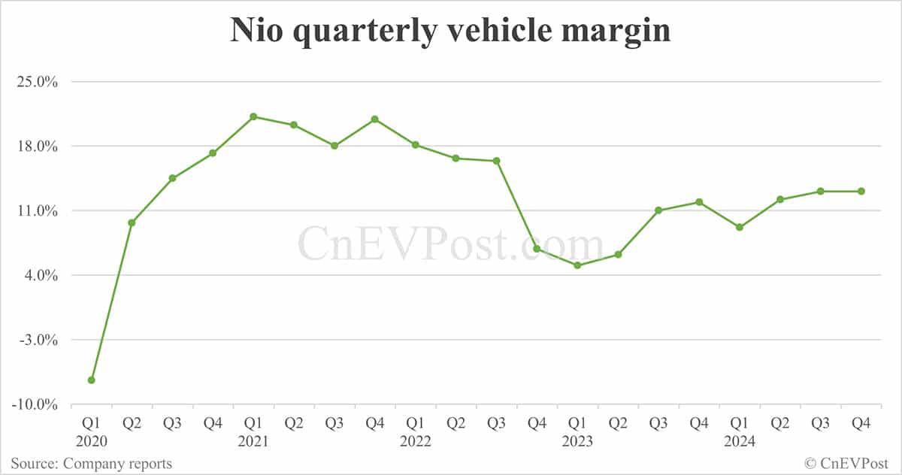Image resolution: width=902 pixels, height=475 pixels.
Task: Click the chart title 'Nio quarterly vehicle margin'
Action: tap(450, 32)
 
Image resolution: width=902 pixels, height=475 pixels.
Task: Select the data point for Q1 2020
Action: tap(91, 380)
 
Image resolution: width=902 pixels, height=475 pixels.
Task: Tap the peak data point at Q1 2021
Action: tap(253, 116)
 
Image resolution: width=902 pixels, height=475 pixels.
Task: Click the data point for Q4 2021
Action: tap(374, 120)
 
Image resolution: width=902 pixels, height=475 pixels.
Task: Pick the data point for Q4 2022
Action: tap(537, 249)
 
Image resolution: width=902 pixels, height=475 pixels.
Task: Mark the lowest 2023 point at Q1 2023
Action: tap(577, 265)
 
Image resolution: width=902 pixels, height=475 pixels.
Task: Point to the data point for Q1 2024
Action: tap(740, 227)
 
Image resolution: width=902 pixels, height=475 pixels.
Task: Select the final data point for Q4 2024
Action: tap(861, 191)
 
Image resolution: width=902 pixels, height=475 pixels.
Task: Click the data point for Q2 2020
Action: tap(132, 222)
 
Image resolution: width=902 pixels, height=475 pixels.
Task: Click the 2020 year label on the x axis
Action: tap(91, 442)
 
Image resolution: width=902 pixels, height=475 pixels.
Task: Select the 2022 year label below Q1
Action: tap(415, 442)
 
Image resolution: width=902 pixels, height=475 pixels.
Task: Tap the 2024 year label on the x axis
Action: tap(740, 442)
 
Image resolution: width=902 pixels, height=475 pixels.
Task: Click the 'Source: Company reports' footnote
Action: tap(91, 464)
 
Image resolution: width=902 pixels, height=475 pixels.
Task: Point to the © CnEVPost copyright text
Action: tap(848, 464)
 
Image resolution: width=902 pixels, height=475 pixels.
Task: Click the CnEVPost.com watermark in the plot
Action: tap(450, 244)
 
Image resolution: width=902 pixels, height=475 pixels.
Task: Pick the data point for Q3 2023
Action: tap(658, 210)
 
